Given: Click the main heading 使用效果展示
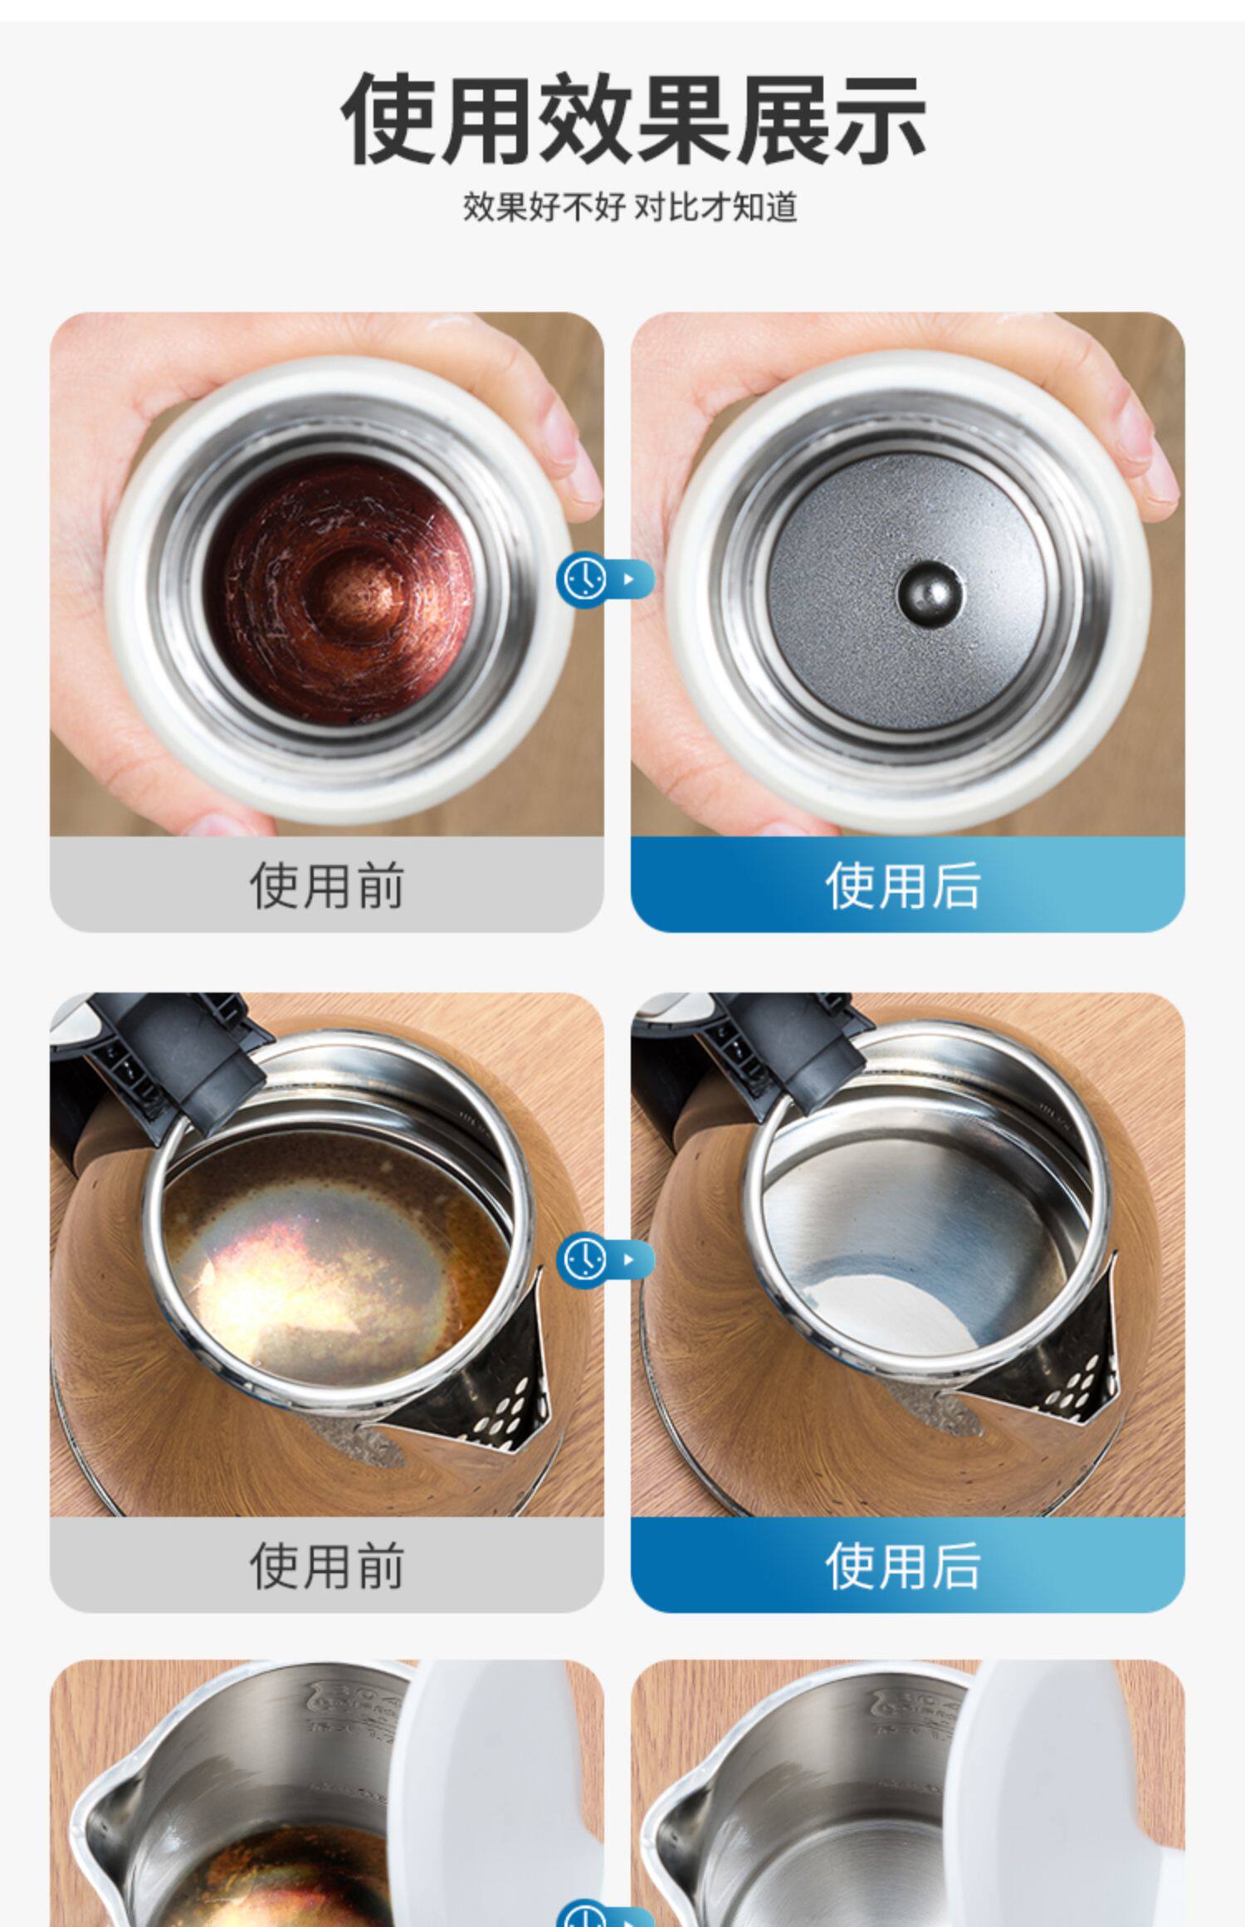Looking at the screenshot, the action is pyautogui.click(x=633, y=119).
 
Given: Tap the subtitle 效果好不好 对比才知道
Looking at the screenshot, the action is pyautogui.click(x=630, y=207).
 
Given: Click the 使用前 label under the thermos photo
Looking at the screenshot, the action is pyautogui.click(x=327, y=885).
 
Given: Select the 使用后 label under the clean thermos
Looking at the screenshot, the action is pyautogui.click(x=903, y=885).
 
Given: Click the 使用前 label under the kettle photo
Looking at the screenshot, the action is pyautogui.click(x=327, y=1566).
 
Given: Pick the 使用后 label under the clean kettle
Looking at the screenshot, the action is pyautogui.click(x=903, y=1566).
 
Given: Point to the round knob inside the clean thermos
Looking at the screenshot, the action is pyautogui.click(x=930, y=594).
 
